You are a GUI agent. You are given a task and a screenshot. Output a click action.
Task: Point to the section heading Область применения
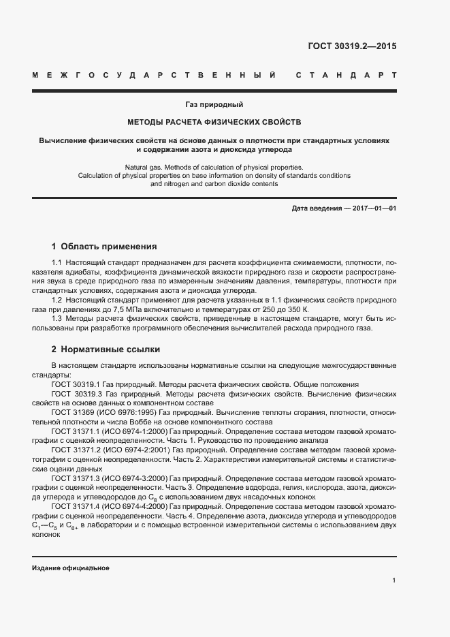109,246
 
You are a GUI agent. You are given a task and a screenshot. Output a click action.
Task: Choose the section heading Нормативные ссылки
110,349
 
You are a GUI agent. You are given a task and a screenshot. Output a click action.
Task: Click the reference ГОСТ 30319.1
75,384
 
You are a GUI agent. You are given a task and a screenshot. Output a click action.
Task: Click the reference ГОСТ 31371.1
75,431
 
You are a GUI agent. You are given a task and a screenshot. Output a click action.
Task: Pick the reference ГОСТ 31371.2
75,450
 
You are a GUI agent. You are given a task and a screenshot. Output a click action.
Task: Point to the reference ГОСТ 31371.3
75,478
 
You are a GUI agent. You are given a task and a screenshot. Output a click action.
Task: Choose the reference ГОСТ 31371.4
75,507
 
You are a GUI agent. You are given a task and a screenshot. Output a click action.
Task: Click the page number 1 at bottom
394,580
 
